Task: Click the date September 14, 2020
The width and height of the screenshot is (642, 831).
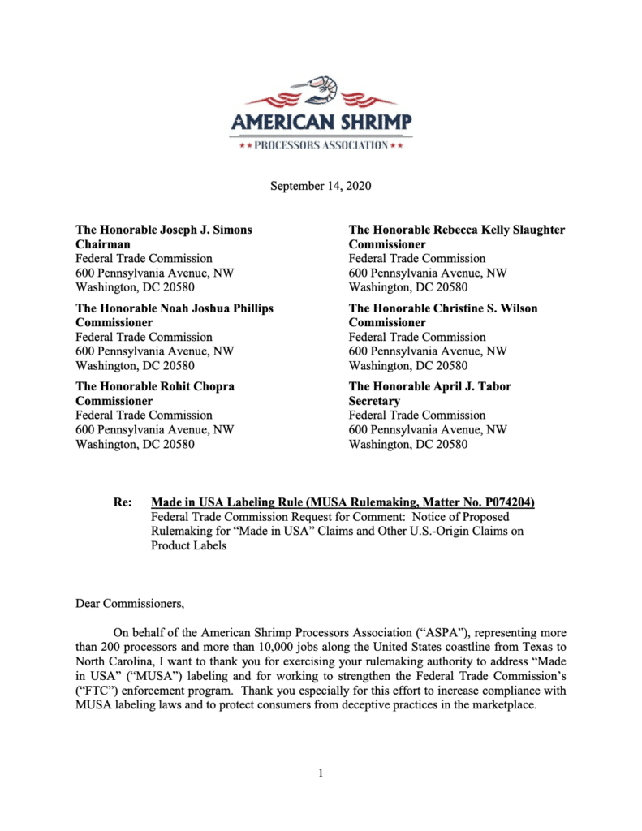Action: click(320, 186)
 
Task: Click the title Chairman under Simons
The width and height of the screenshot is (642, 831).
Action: click(103, 244)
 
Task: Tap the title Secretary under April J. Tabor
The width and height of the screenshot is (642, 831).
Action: click(374, 401)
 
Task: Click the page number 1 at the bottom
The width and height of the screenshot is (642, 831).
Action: click(321, 773)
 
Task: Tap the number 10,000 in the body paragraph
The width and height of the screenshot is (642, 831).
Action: click(290, 646)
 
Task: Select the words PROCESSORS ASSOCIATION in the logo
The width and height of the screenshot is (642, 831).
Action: click(321, 145)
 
